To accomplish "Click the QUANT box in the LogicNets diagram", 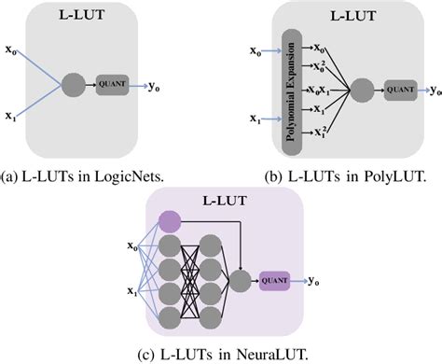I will pos(113,83).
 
